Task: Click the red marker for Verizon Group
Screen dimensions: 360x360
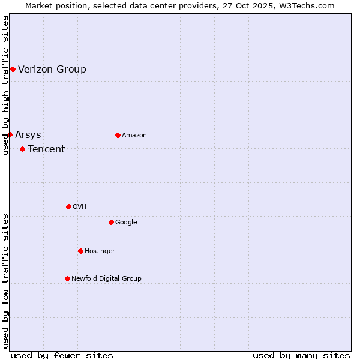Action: (13, 70)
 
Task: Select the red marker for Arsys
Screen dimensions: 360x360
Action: (10, 134)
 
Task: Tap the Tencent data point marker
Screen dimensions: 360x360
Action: (22, 149)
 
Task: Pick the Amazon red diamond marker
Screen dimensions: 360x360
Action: (118, 135)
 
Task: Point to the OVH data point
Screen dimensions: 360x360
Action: (68, 206)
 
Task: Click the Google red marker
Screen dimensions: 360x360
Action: (111, 222)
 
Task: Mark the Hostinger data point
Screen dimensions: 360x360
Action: (80, 251)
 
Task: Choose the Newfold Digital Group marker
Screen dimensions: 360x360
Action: (67, 278)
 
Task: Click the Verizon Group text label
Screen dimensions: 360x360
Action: (52, 69)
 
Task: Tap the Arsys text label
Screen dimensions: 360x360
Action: (28, 134)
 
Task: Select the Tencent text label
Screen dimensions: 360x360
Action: (46, 149)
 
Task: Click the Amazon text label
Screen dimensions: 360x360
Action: (134, 135)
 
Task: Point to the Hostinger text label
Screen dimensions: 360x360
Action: (100, 251)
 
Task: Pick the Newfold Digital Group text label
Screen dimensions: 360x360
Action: (106, 278)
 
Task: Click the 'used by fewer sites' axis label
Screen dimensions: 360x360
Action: (62, 355)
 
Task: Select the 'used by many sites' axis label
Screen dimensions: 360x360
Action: (301, 355)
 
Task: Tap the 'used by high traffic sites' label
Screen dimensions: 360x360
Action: (5, 85)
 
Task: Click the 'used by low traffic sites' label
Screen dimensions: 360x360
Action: (5, 281)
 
